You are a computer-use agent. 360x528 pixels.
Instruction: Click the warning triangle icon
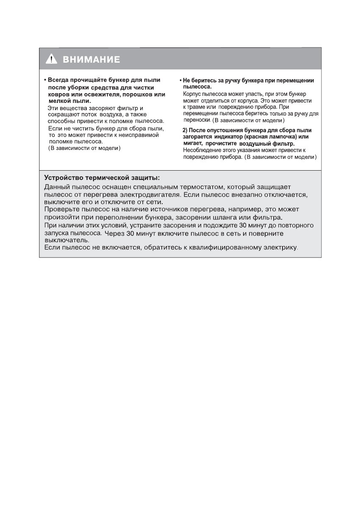(x=51, y=60)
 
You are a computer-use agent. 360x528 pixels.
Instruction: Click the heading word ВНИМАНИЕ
(x=91, y=60)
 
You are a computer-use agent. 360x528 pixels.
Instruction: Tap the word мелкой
(x=58, y=101)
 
